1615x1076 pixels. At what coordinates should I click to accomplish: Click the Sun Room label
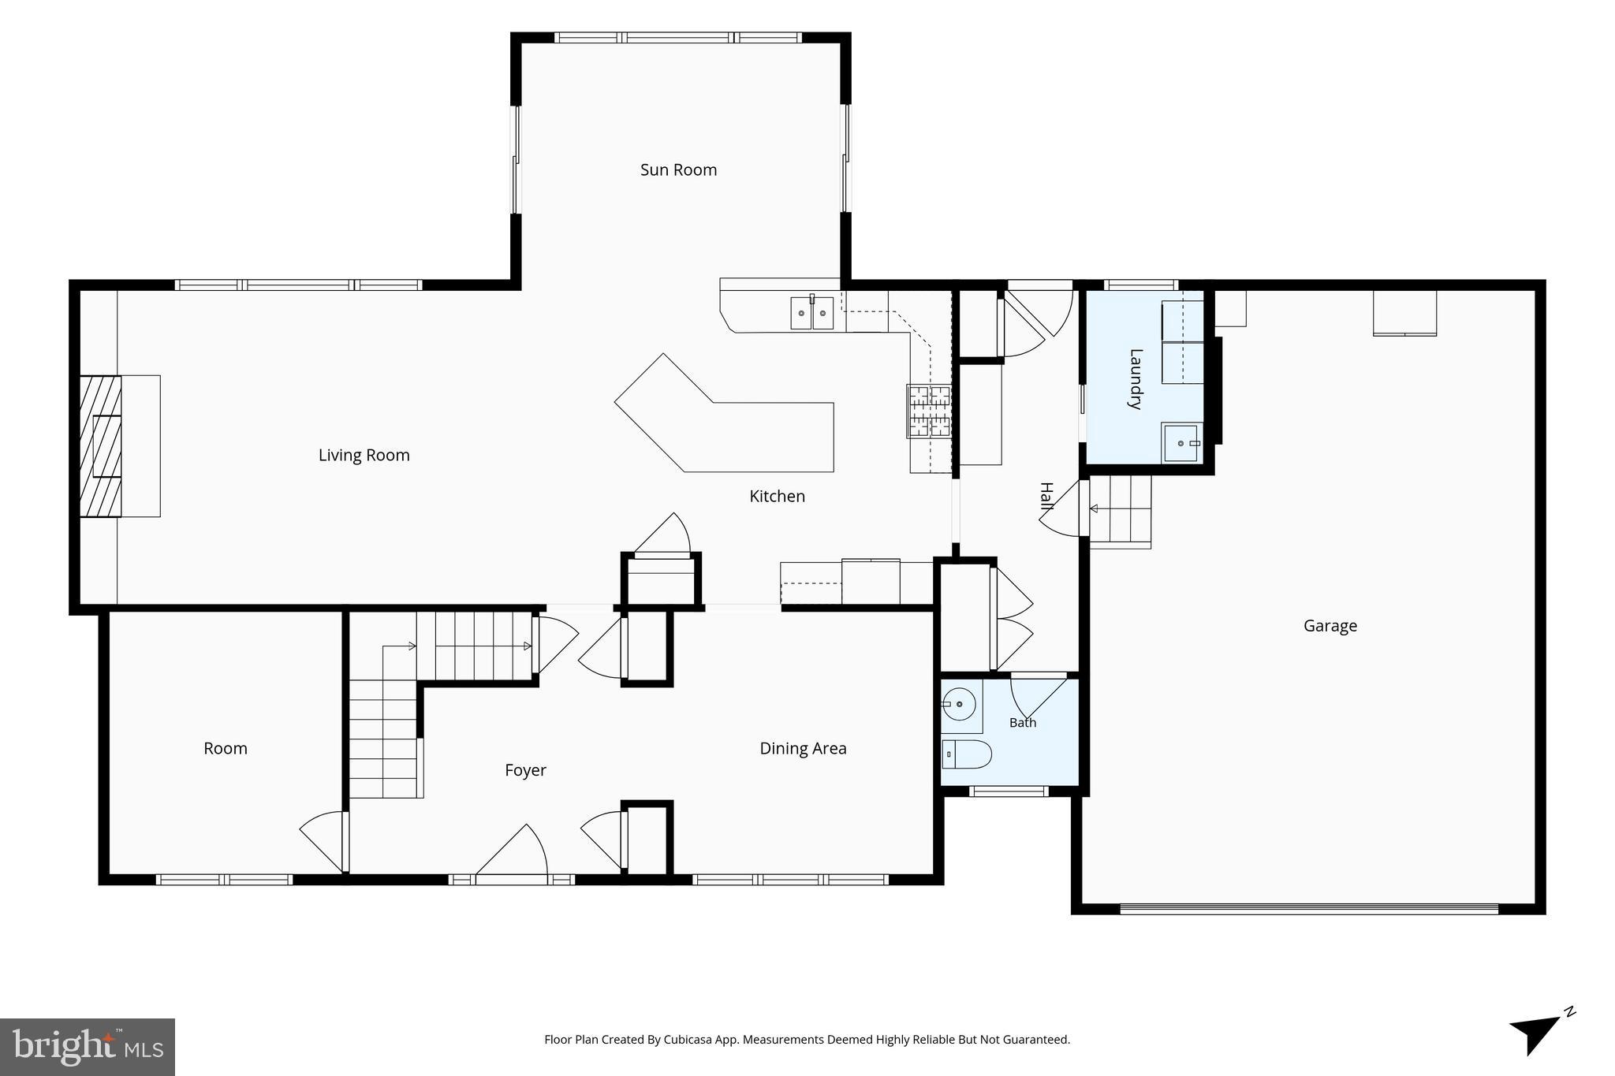pyautogui.click(x=678, y=169)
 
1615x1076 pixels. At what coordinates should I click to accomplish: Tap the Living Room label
pyautogui.click(x=364, y=455)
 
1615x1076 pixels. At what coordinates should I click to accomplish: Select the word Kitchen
pyautogui.click(x=777, y=496)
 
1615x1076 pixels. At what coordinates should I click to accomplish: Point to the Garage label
pyautogui.click(x=1330, y=626)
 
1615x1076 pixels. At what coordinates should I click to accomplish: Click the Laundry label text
pyautogui.click(x=1136, y=378)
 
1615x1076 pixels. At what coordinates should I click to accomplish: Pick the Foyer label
pyautogui.click(x=525, y=770)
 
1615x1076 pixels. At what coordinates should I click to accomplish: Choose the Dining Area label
pyautogui.click(x=803, y=748)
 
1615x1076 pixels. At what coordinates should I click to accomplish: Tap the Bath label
pyautogui.click(x=1023, y=722)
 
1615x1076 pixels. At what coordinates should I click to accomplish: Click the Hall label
pyautogui.click(x=1046, y=497)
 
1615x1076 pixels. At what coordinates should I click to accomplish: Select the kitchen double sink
pyautogui.click(x=812, y=312)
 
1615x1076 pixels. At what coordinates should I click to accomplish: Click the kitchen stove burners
pyautogui.click(x=930, y=411)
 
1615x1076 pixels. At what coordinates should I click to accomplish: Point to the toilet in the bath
pyautogui.click(x=966, y=754)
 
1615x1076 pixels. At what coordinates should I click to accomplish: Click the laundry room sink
pyautogui.click(x=1182, y=443)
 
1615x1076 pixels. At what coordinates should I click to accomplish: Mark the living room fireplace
pyautogui.click(x=101, y=446)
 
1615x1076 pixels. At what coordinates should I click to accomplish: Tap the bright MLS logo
pyautogui.click(x=88, y=1047)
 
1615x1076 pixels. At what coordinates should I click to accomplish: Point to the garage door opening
pyautogui.click(x=1309, y=909)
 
